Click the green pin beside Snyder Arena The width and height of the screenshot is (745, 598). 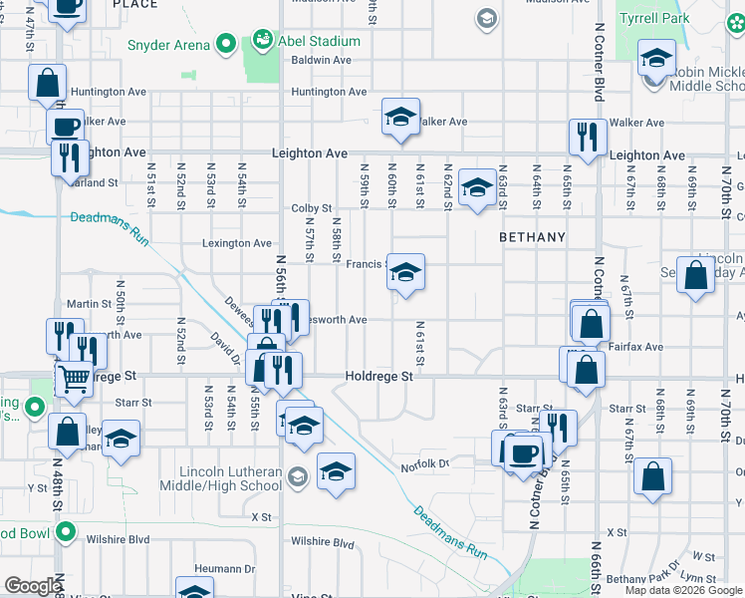(226, 44)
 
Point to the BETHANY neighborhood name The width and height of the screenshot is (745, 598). (532, 238)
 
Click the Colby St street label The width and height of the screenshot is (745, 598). (311, 208)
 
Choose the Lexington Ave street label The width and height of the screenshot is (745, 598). (237, 243)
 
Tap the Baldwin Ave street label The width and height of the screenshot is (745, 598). (322, 60)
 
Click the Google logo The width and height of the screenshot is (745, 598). (33, 586)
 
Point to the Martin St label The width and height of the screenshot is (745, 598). (89, 304)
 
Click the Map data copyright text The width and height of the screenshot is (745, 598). (682, 590)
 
